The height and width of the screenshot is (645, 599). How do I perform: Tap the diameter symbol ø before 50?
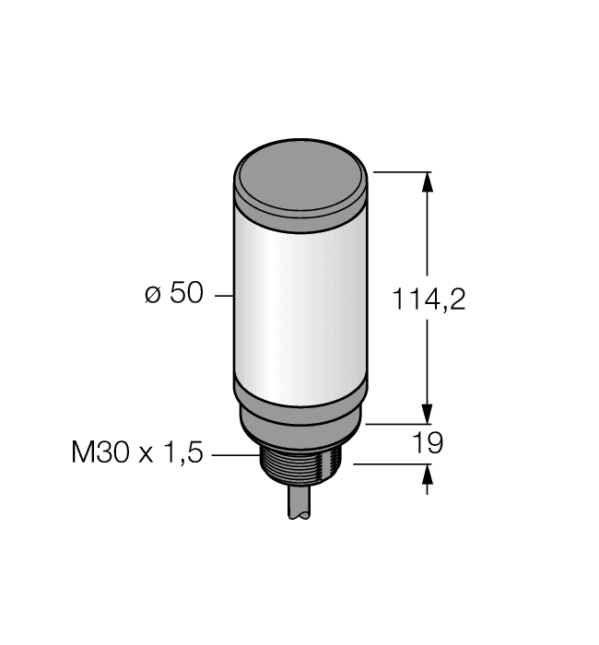click(153, 295)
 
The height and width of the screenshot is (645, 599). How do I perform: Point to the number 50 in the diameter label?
click(185, 295)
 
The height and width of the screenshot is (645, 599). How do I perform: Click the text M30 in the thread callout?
click(100, 453)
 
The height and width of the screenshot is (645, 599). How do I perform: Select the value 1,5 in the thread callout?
click(183, 453)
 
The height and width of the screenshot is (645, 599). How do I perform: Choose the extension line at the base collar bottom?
click(396, 425)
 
